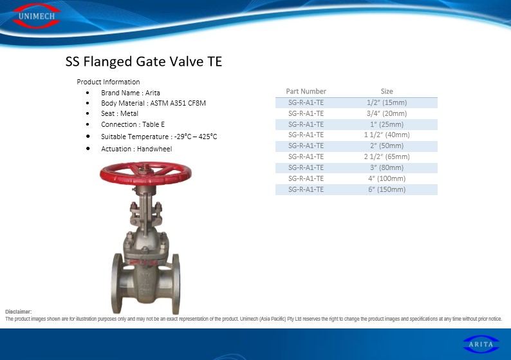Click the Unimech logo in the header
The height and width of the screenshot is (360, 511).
pos(36,15)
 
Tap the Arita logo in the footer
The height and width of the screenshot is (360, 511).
pos(481,344)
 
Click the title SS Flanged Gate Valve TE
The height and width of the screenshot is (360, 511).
pos(144,61)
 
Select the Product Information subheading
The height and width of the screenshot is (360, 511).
pos(108,82)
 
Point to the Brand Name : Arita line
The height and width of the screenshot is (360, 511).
pos(131,93)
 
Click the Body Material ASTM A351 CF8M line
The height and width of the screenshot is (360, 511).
pos(153,103)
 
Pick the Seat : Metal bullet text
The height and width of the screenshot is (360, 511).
pos(120,113)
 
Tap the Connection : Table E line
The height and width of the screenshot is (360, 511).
pos(133,124)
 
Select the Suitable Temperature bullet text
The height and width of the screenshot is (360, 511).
pos(159,137)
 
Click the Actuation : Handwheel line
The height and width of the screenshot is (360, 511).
pos(136,149)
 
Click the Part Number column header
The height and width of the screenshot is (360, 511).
pos(306,91)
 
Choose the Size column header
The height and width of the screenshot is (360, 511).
pos(387,91)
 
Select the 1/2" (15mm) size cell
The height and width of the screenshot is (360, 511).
pos(387,102)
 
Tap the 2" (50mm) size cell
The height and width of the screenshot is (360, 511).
pos(387,146)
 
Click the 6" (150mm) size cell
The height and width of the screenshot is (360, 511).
pos(387,189)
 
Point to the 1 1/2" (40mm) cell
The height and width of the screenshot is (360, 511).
pos(387,135)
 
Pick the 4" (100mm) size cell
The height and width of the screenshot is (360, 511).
pos(387,178)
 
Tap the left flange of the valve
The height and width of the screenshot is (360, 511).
pos(117,283)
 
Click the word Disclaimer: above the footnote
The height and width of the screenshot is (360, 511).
pos(18,312)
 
